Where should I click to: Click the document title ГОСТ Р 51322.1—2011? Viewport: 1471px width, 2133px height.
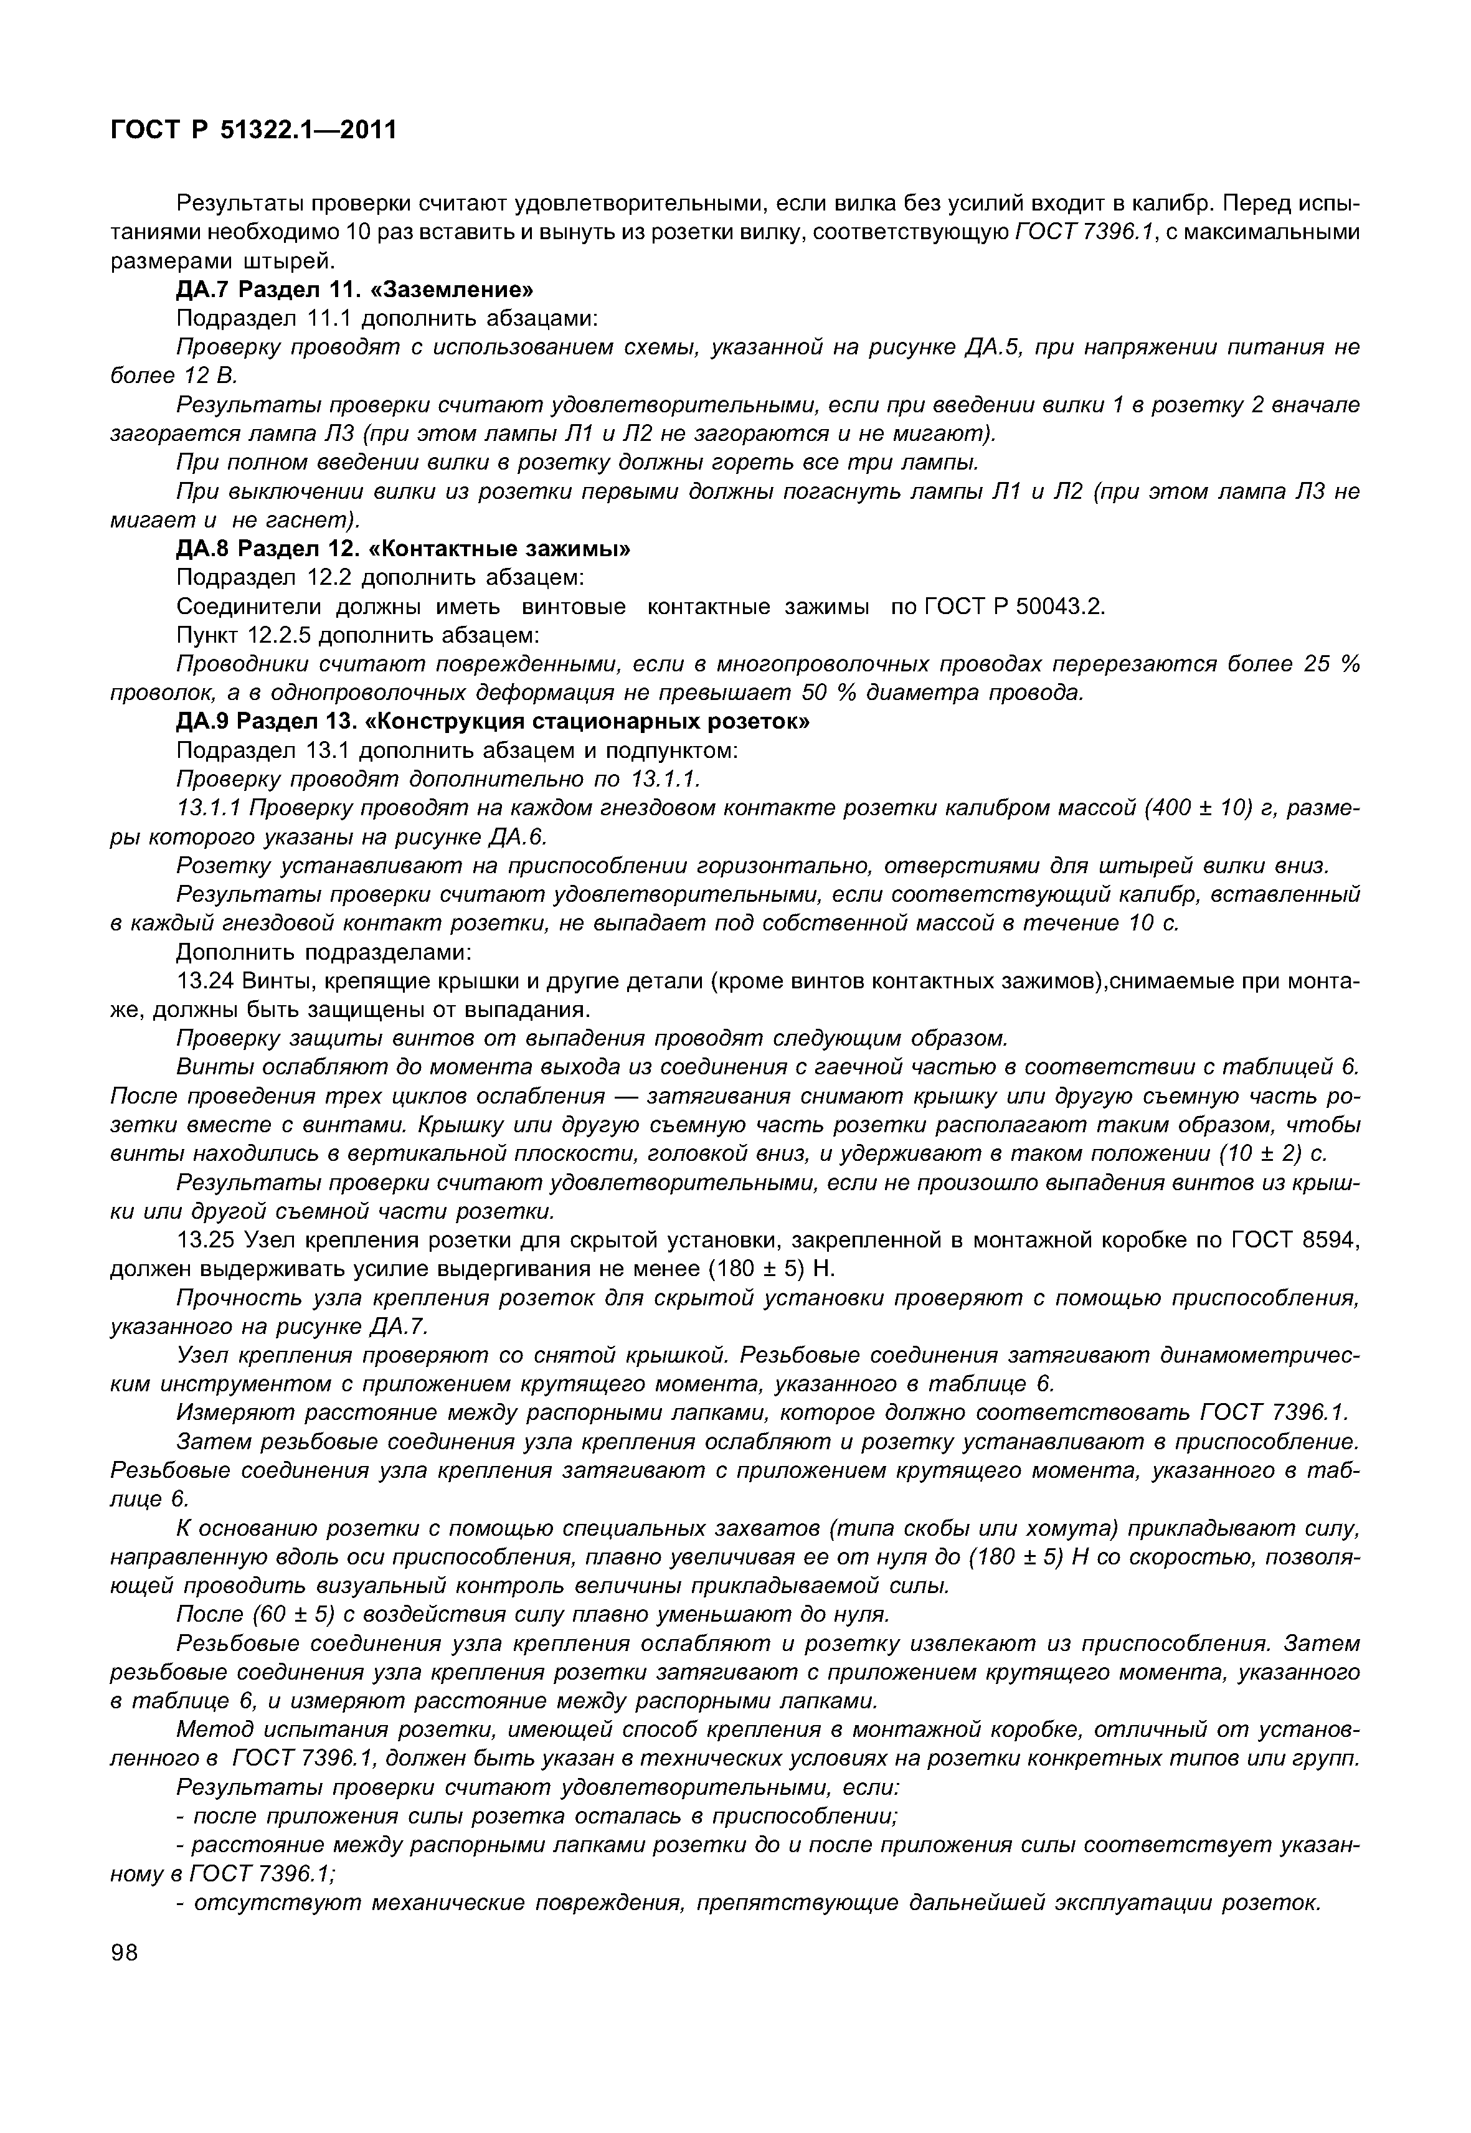pyautogui.click(x=253, y=130)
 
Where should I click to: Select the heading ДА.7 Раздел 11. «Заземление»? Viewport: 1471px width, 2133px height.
pyautogui.click(x=355, y=290)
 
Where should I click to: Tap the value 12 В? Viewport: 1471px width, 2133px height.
pyautogui.click(x=214, y=376)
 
